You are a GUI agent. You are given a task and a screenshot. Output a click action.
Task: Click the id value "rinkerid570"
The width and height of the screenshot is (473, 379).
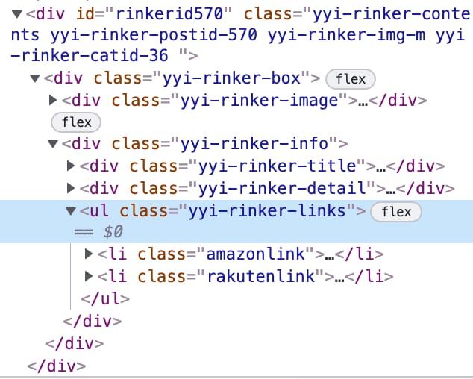[178, 14]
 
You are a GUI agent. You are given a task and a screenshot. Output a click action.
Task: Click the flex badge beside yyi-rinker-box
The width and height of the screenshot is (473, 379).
[351, 79]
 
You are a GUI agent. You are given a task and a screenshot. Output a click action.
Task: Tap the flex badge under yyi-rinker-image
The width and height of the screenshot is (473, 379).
[76, 122]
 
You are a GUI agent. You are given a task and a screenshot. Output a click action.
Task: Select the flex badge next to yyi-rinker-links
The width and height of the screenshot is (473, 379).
[396, 212]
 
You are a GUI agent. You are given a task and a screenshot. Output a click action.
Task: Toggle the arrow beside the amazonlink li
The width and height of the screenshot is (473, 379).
[90, 255]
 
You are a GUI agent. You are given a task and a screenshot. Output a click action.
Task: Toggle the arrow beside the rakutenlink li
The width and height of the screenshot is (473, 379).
[90, 277]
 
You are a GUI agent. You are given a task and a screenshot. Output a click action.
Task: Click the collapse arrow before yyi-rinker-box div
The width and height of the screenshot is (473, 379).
[34, 78]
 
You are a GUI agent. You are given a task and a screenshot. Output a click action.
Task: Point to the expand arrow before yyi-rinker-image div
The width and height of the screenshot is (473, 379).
[53, 100]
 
